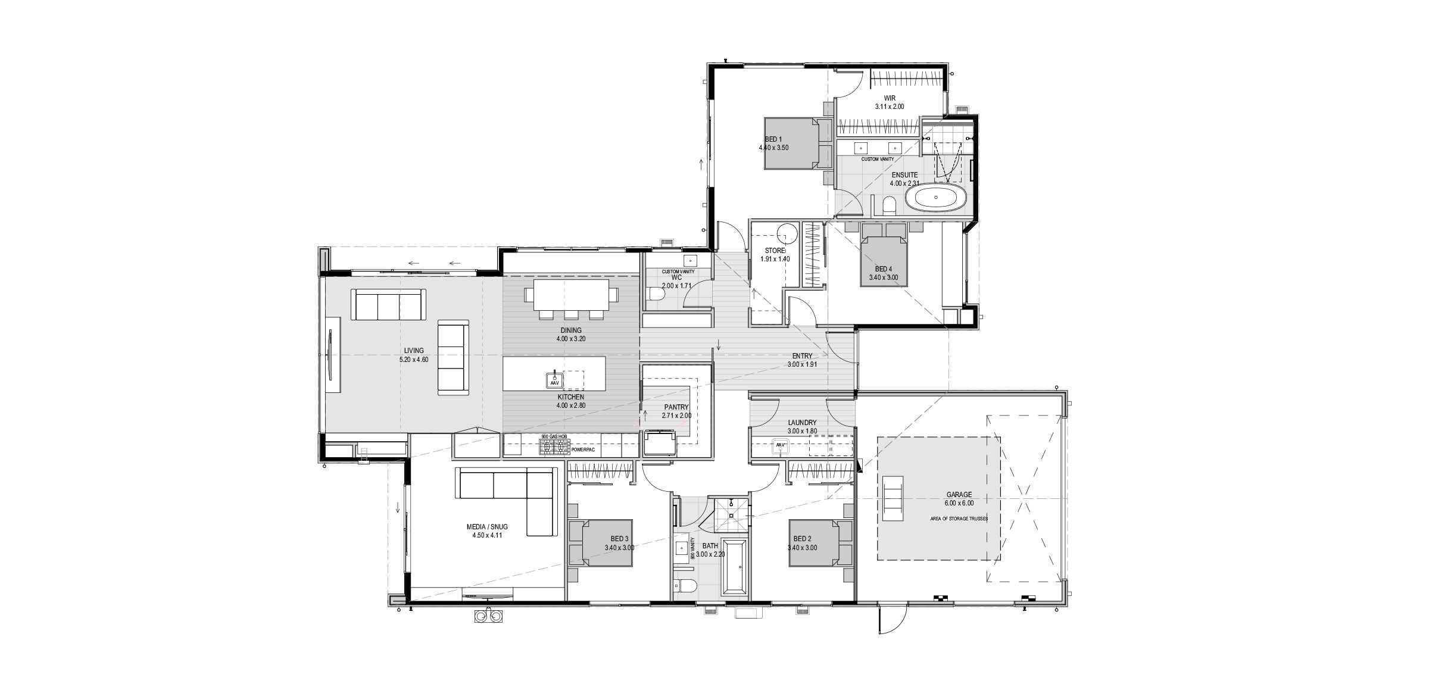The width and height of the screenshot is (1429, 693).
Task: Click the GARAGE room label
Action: tap(959, 495)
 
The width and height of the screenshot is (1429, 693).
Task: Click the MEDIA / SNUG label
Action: tap(488, 527)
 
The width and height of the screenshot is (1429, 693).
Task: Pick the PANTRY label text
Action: tap(676, 408)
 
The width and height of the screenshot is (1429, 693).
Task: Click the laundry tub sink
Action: tap(780, 445)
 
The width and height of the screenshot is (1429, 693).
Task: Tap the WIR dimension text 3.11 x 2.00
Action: tap(890, 107)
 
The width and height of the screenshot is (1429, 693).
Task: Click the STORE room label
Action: tap(775, 251)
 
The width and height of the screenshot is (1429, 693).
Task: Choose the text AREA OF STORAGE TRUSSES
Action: tap(959, 519)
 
